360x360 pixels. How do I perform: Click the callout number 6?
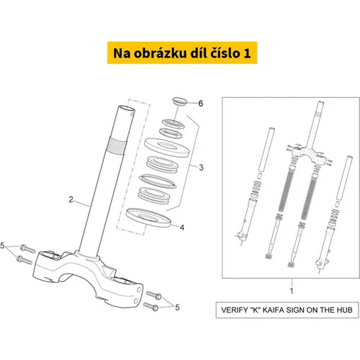(201, 104)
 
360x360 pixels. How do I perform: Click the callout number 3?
(201, 167)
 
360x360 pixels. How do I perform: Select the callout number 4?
(182, 228)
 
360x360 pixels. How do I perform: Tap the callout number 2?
(71, 199)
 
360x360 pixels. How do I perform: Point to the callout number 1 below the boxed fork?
(292, 291)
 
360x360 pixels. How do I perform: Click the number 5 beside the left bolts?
(2, 246)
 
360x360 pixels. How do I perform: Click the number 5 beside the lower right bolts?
(177, 307)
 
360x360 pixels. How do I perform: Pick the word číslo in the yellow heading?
(225, 53)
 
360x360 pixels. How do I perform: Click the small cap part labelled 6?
(180, 101)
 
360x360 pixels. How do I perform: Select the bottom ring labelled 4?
(148, 217)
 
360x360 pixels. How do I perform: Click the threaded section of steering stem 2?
(117, 145)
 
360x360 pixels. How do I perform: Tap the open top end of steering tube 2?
(126, 109)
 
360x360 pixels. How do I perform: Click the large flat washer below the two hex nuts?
(167, 147)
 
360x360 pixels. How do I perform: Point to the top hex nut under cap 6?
(173, 123)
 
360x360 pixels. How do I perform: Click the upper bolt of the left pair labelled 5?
(28, 248)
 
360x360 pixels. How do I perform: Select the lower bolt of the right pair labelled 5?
(151, 306)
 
